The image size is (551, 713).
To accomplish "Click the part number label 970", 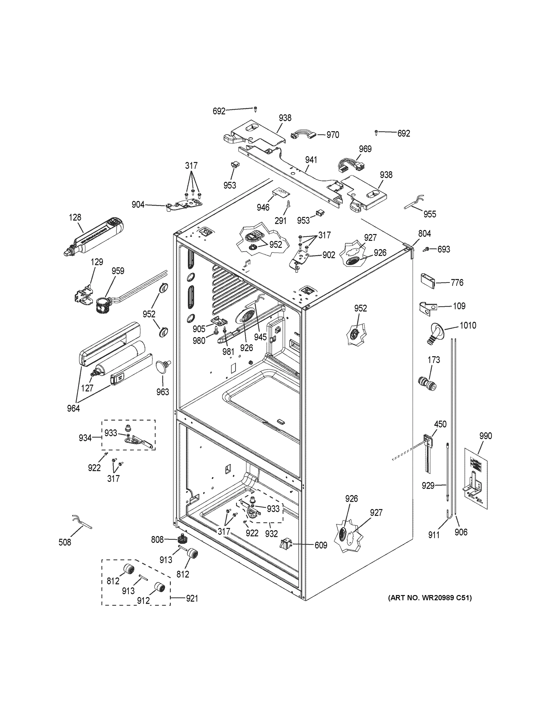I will (x=333, y=135).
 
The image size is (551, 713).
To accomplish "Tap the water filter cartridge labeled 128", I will (x=95, y=236).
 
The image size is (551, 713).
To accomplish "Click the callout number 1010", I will (x=468, y=325).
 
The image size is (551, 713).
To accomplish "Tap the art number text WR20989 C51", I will (x=430, y=598).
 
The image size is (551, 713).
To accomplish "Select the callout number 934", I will (x=85, y=438).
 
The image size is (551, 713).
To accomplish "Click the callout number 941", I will (x=311, y=160).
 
